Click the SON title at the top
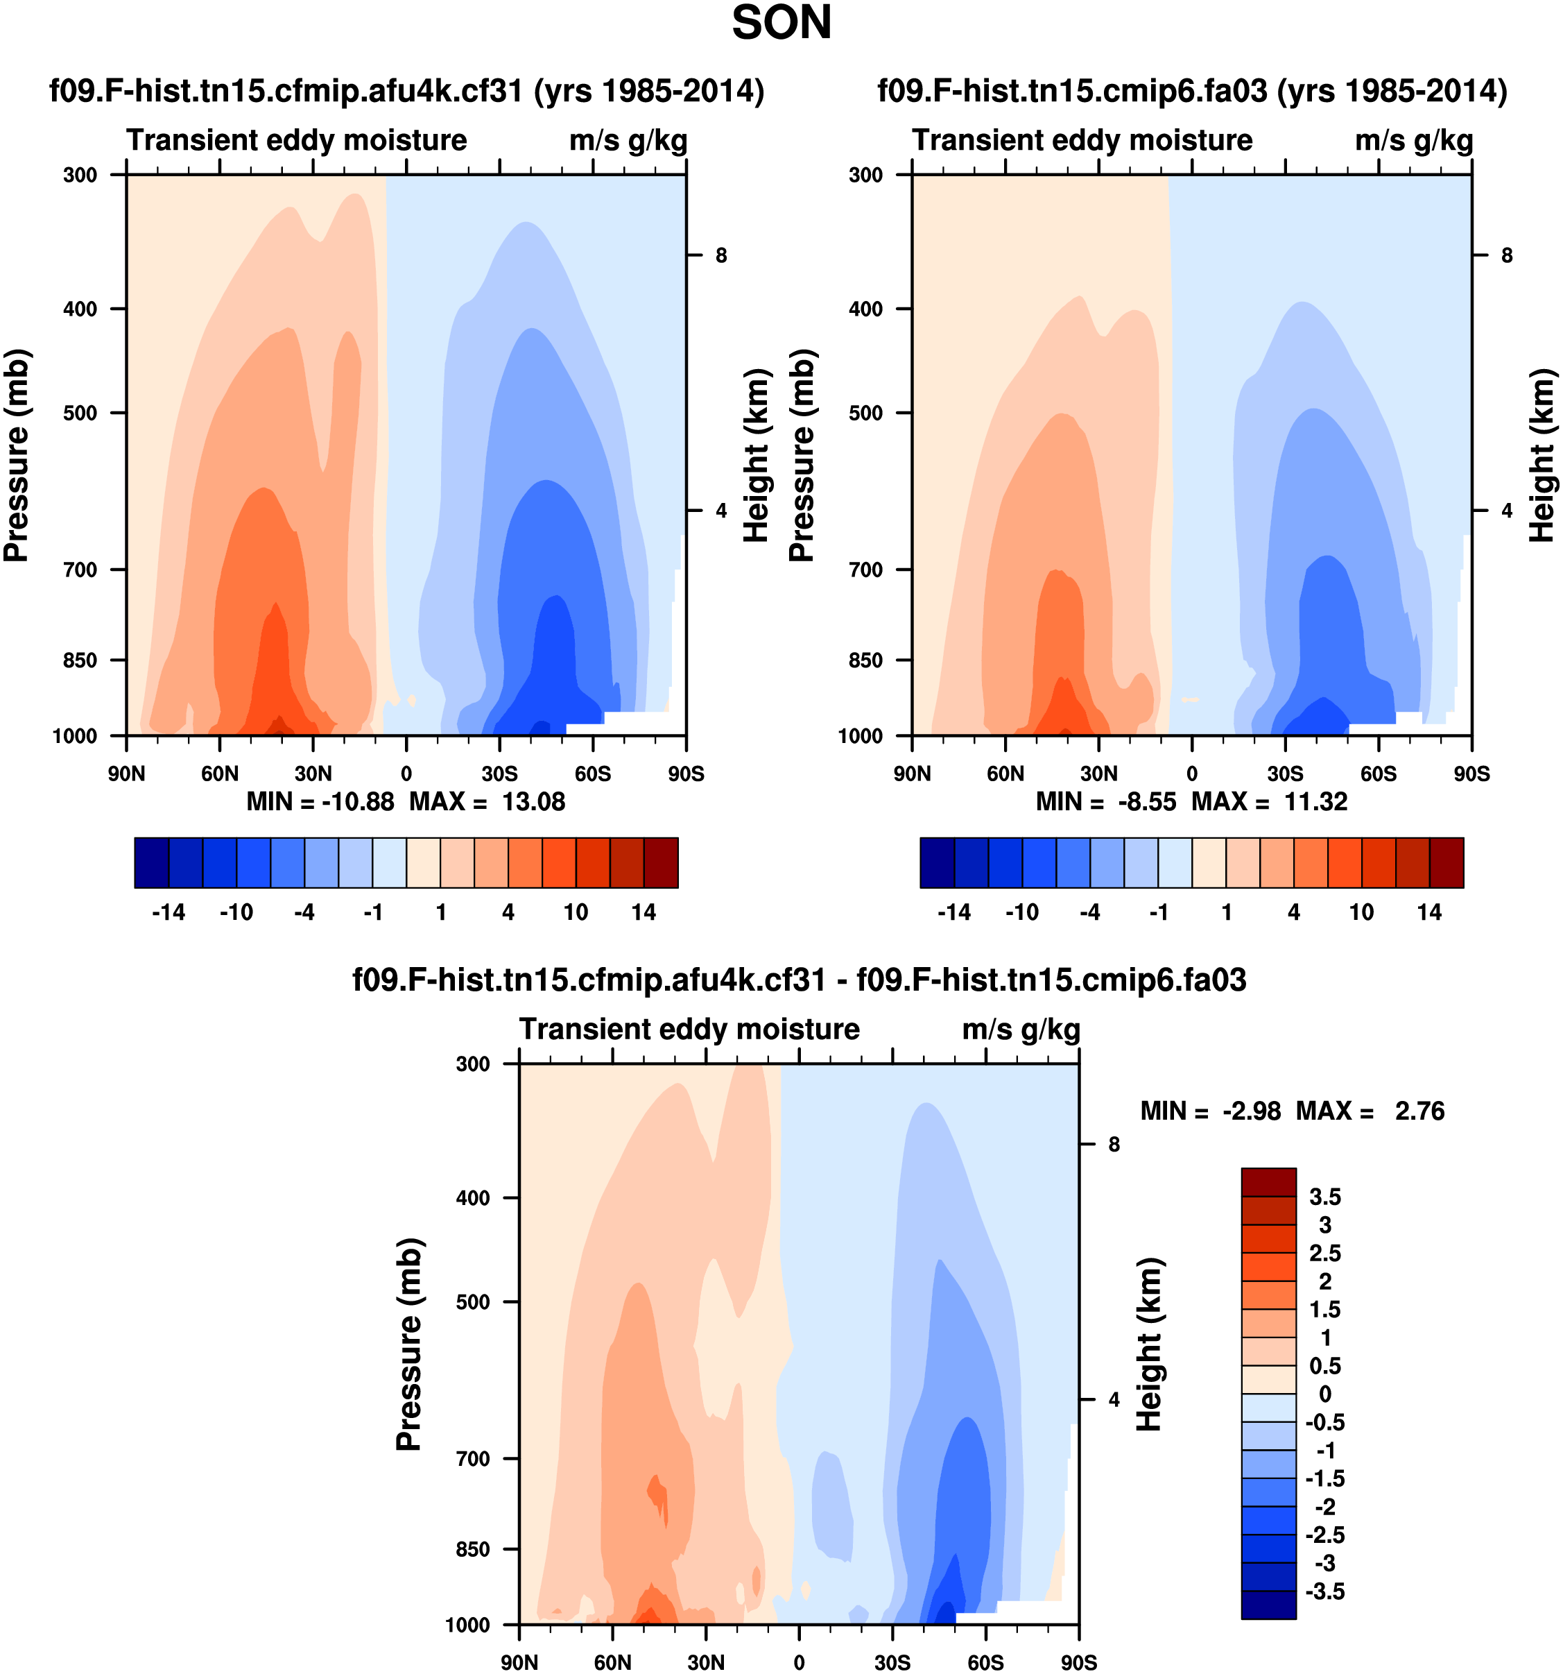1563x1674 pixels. (781, 24)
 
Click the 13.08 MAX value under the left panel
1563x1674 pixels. (534, 802)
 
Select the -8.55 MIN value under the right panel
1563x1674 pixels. (1146, 802)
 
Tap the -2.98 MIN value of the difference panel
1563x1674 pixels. (1252, 1111)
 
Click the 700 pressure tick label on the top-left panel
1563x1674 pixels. (81, 570)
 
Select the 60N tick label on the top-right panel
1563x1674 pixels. (1005, 774)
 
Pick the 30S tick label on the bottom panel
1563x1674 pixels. (892, 1662)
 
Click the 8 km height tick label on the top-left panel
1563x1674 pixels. (721, 255)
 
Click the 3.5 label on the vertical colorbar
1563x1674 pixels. (1324, 1197)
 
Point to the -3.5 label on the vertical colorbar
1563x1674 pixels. (1324, 1591)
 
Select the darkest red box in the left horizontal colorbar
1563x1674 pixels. (661, 862)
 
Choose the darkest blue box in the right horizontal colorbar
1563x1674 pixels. (937, 862)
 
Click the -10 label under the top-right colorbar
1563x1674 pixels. (1022, 913)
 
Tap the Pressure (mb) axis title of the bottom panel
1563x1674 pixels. (409, 1344)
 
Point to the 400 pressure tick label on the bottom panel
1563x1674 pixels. (472, 1197)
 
